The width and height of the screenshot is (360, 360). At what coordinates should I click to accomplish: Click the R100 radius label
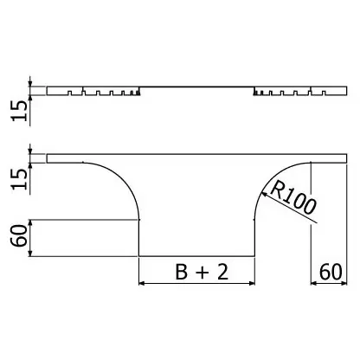pyautogui.click(x=293, y=198)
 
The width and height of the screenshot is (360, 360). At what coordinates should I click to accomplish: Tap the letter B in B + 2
pyautogui.click(x=182, y=272)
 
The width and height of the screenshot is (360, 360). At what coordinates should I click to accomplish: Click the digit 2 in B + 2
pyautogui.click(x=222, y=272)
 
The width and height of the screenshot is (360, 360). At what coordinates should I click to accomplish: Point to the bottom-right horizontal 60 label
pyautogui.click(x=331, y=272)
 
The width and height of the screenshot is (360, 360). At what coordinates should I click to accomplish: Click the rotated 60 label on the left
pyautogui.click(x=19, y=235)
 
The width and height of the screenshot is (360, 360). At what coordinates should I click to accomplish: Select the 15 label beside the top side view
pyautogui.click(x=19, y=111)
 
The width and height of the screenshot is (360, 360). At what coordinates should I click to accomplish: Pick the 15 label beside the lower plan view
pyautogui.click(x=19, y=179)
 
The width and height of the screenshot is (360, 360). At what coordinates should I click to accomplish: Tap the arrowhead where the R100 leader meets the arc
pyautogui.click(x=263, y=195)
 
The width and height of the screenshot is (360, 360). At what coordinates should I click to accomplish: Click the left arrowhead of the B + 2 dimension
pyautogui.click(x=142, y=283)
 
